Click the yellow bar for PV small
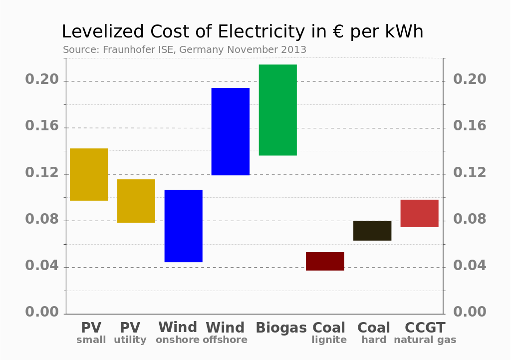coord(89,174)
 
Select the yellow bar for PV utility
coord(136,201)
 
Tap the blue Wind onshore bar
coord(184,226)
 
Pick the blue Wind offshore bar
coord(231,131)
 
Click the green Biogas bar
coord(277,110)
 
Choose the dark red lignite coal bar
coord(325,261)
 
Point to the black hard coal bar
coord(372,231)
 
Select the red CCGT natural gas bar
coord(419,213)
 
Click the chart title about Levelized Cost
coord(243,32)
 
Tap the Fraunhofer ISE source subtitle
coord(185,50)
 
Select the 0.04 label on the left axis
coord(42,266)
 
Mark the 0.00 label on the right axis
coord(470,312)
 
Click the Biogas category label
coord(281,328)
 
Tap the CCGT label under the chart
coord(425,328)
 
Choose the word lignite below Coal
coord(329,340)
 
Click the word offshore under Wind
coord(225,340)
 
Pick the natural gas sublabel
coord(425,340)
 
